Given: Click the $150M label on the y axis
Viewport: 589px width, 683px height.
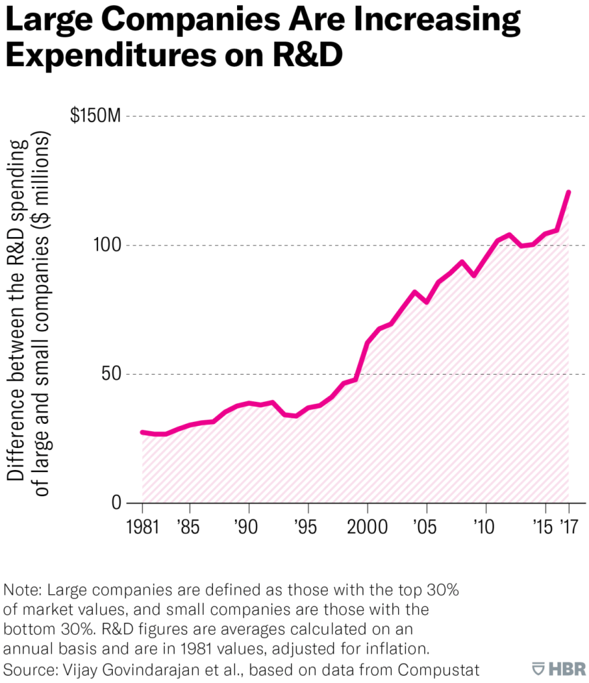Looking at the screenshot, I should click(95, 116).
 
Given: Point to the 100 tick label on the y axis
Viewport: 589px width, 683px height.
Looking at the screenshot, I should click(108, 245).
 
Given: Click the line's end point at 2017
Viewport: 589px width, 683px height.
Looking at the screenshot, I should click(568, 192).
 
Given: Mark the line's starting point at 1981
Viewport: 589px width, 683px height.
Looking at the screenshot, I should click(142, 433).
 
